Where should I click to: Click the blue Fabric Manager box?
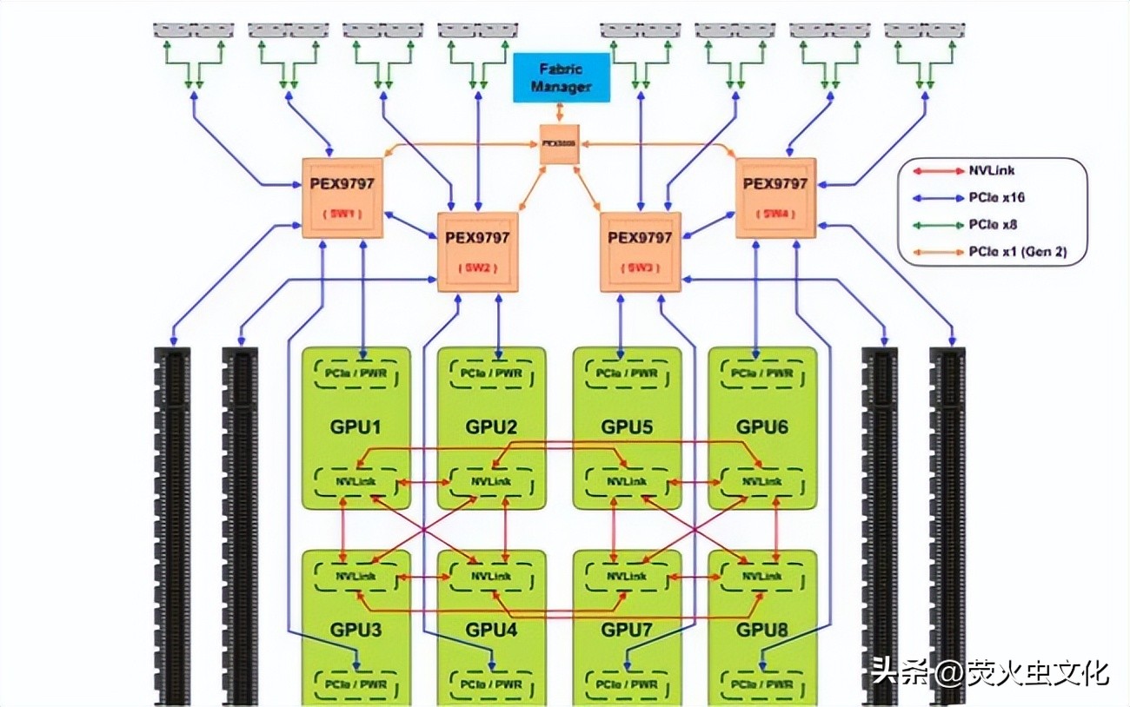point(562,78)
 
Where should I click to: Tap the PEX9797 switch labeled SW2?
point(477,252)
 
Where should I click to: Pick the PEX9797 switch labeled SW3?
point(640,252)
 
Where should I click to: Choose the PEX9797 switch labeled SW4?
point(775,198)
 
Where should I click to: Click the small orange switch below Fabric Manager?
point(559,143)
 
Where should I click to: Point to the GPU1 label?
point(356,427)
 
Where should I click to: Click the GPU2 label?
point(491,427)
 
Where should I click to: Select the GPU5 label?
point(627,427)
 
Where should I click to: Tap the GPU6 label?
point(762,427)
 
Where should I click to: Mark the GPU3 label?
point(356,629)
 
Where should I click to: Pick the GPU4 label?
point(491,629)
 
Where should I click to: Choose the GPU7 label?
point(627,629)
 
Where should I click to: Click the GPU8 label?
point(762,629)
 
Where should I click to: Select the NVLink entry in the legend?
point(992,171)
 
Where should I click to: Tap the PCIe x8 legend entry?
point(992,225)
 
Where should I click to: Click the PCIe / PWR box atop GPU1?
point(356,373)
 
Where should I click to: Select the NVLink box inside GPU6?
point(762,481)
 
